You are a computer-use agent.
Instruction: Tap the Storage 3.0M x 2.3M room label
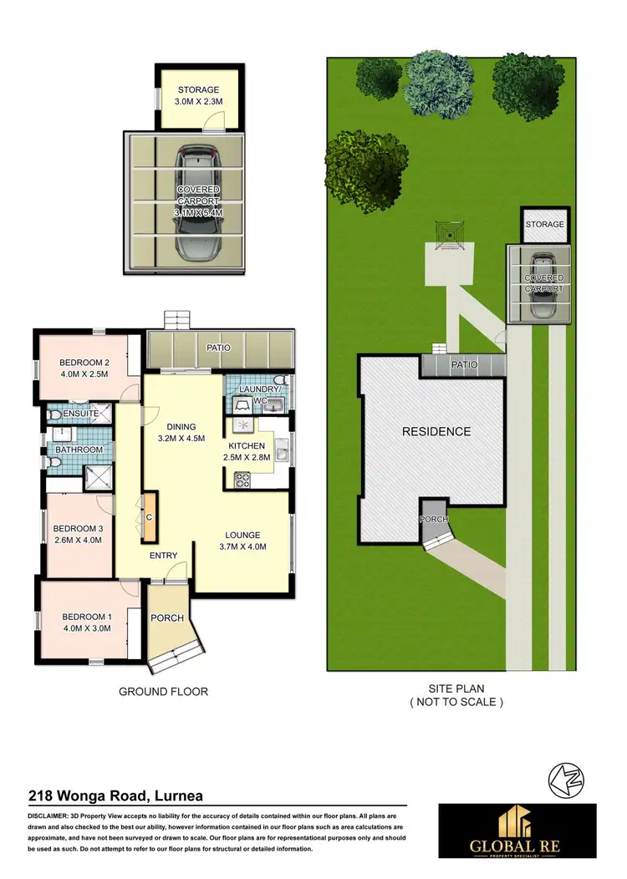[x=198, y=96]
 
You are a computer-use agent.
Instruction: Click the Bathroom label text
[x=79, y=450]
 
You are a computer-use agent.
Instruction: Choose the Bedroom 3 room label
[x=78, y=534]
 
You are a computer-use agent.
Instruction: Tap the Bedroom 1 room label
[x=86, y=623]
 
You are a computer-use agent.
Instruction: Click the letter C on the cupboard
[x=149, y=517]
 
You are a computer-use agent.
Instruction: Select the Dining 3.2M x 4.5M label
[x=181, y=430]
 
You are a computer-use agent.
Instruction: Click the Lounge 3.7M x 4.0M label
[x=242, y=541]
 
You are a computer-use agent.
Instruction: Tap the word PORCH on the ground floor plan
[x=167, y=619]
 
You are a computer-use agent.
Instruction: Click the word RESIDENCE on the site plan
[x=436, y=432]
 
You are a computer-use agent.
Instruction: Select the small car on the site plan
[x=543, y=285]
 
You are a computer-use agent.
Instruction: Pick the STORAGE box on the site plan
[x=544, y=224]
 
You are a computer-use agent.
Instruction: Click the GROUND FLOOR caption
[x=163, y=691]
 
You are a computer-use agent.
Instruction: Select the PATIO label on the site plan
[x=464, y=365]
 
